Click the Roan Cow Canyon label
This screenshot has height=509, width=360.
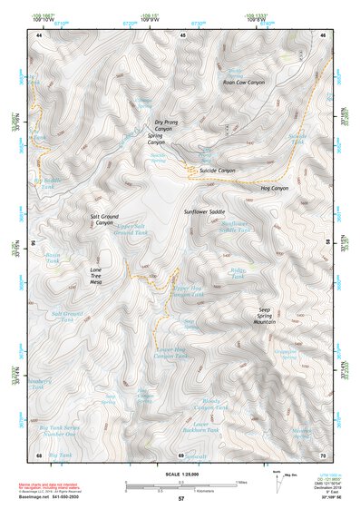point(243,83)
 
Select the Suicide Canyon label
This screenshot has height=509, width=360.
point(217,170)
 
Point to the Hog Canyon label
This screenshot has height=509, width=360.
point(273,188)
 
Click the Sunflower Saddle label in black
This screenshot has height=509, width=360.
point(204,211)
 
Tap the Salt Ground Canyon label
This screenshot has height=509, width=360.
point(105,220)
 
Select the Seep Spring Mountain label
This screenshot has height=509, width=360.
point(265,317)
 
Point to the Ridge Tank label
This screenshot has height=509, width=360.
point(238,273)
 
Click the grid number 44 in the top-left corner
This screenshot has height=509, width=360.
point(39,34)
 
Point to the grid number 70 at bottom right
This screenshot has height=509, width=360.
point(323,454)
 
